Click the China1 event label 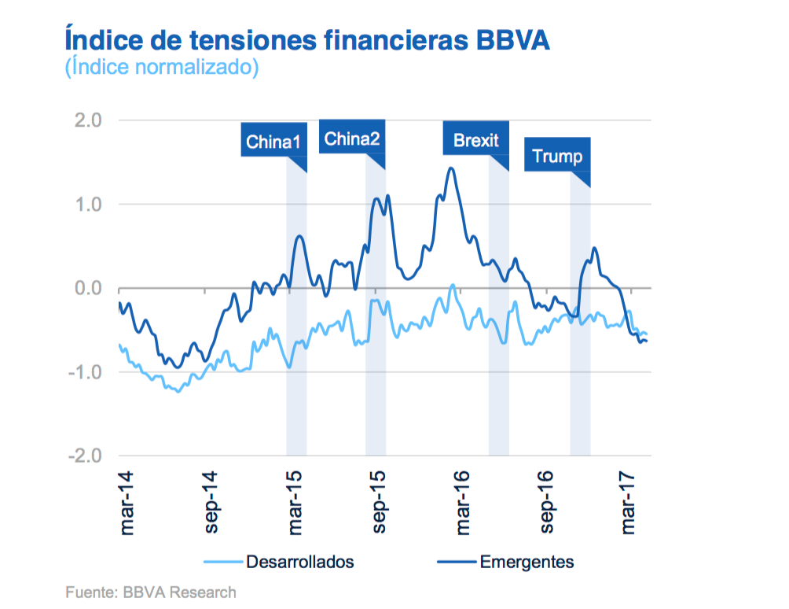coord(273,142)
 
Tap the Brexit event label coord(475,140)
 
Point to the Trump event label coord(557,156)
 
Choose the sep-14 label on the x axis coord(211,504)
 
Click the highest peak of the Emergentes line coord(451,168)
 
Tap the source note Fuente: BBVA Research coord(150,592)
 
